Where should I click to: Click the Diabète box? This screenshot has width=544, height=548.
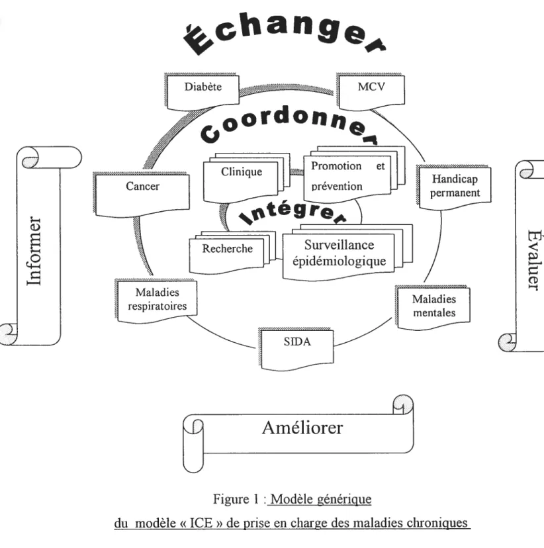tap(202, 91)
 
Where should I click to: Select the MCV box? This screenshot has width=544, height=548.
tap(371, 91)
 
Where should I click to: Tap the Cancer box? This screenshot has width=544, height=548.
tap(142, 195)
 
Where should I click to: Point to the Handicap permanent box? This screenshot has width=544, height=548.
tap(454, 187)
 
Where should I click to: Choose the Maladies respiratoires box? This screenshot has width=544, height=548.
tap(156, 300)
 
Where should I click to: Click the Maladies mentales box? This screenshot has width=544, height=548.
tap(433, 308)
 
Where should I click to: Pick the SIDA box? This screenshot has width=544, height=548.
tap(296, 349)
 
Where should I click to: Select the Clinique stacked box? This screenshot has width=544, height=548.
tap(247, 178)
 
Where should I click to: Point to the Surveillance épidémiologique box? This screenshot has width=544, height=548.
tap(347, 252)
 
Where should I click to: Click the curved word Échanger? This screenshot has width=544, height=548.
tap(285, 35)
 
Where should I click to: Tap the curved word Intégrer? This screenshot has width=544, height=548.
tap(293, 212)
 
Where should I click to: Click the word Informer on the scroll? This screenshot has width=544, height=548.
tap(34, 251)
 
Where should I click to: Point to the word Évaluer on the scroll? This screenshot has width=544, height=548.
tap(534, 259)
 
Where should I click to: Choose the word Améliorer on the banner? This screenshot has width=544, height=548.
tap(302, 427)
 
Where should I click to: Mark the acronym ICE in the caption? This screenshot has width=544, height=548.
tap(201, 523)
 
